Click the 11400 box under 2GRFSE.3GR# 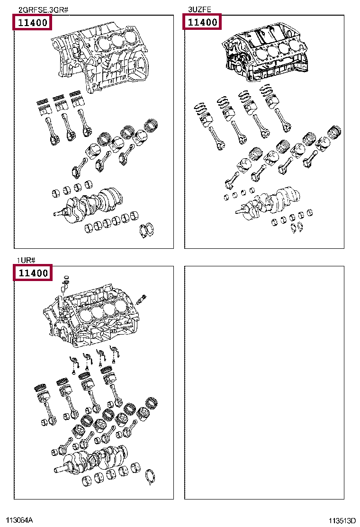click(32, 22)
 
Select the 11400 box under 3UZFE click(202, 22)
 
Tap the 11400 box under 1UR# click(32, 273)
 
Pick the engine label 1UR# click(27, 260)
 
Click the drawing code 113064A click(19, 520)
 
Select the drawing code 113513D click(342, 520)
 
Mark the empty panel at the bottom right click(264, 382)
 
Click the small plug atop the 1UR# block click(66, 280)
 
